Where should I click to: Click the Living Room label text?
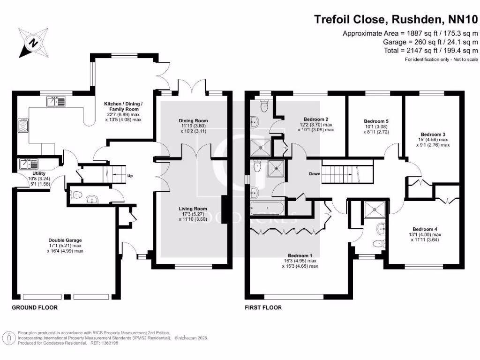tap(193, 209)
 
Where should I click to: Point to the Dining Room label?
tap(193, 121)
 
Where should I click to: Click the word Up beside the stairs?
tap(131, 176)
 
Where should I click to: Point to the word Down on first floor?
tap(315, 174)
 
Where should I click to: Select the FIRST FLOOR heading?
tap(263, 308)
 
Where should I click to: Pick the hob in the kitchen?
tap(23, 125)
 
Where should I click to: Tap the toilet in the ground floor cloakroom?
tap(78, 195)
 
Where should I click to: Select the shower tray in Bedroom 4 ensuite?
tap(374, 210)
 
